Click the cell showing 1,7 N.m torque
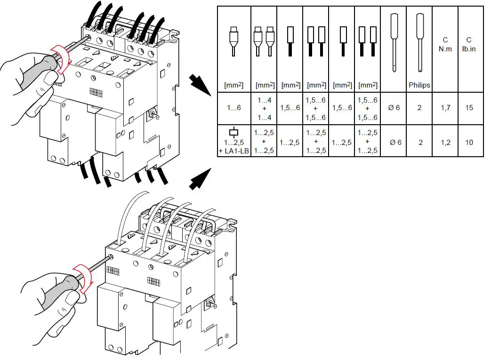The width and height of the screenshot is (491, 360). [x=445, y=108]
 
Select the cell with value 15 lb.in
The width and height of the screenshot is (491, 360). [x=469, y=108]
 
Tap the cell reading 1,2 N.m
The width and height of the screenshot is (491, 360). [x=445, y=142]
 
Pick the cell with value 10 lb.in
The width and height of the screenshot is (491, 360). [x=469, y=142]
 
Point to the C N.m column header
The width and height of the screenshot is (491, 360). [x=445, y=45]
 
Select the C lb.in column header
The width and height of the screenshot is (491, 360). [x=469, y=45]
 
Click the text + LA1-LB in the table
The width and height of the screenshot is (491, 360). [x=234, y=150]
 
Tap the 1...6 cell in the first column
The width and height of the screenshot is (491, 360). [x=234, y=108]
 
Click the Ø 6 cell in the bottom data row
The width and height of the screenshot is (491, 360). [x=395, y=142]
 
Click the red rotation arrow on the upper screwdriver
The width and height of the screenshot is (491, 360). [x=61, y=59]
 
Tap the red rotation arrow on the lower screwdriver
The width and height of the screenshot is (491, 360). [x=83, y=278]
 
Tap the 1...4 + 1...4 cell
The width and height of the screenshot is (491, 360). [x=264, y=108]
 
